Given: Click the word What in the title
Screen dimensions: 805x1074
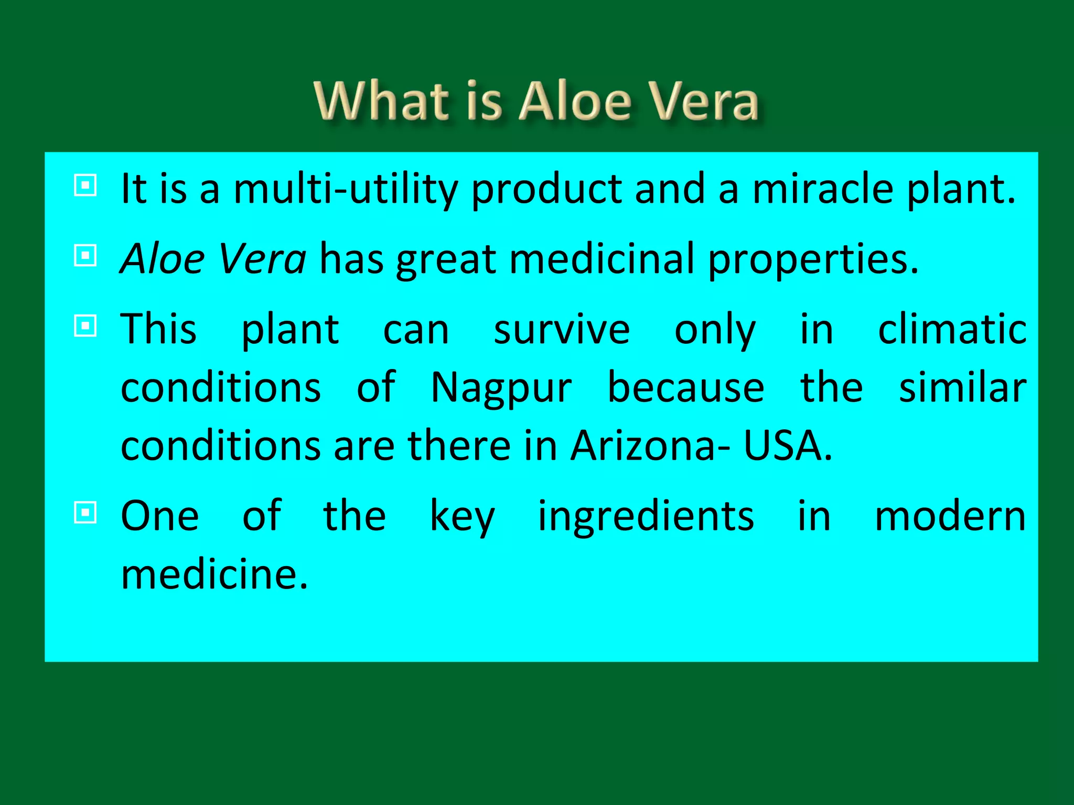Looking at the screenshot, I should pyautogui.click(x=382, y=101).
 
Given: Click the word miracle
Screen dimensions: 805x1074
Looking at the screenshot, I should pyautogui.click(x=823, y=189).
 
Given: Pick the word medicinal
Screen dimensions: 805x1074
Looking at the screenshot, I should pyautogui.click(x=602, y=259).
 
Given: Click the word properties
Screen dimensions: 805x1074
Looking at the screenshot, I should pyautogui.click(x=813, y=259).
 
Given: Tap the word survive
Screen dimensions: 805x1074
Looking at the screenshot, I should pyautogui.click(x=562, y=330).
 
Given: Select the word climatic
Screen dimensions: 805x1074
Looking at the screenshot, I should pyautogui.click(x=952, y=330).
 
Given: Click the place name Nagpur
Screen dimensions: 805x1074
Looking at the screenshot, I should pyautogui.click(x=501, y=388).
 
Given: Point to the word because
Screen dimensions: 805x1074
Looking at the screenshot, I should pyautogui.click(x=686, y=388).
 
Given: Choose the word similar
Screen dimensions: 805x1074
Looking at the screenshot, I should pyautogui.click(x=963, y=388).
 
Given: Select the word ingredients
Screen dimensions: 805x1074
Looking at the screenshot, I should pyautogui.click(x=646, y=516).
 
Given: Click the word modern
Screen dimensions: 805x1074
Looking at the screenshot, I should pyautogui.click(x=950, y=516).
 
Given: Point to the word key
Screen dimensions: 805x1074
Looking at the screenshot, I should pyautogui.click(x=462, y=516).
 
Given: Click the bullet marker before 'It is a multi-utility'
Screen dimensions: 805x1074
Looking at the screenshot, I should pyautogui.click(x=85, y=185).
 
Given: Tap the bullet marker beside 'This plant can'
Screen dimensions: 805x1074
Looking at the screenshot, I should pyautogui.click(x=85, y=325).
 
